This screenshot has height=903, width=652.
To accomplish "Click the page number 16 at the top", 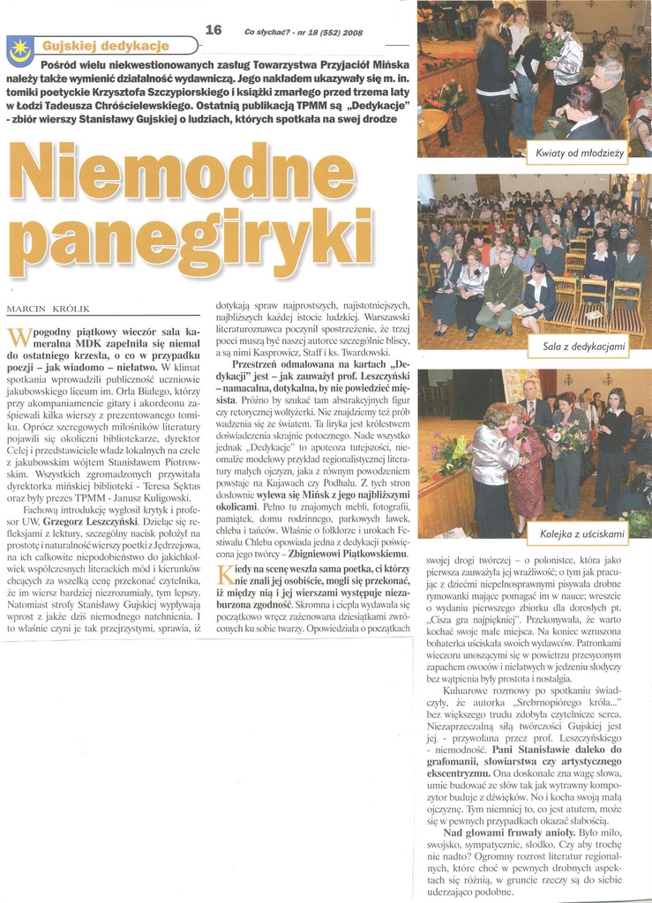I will point(213,29).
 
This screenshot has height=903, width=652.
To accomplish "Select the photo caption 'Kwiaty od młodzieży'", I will point(580,153).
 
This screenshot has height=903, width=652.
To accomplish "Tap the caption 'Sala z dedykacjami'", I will point(585,347).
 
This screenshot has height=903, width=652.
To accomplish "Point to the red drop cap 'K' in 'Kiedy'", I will point(225,578).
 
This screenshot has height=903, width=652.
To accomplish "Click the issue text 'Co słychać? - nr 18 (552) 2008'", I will point(304,32).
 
